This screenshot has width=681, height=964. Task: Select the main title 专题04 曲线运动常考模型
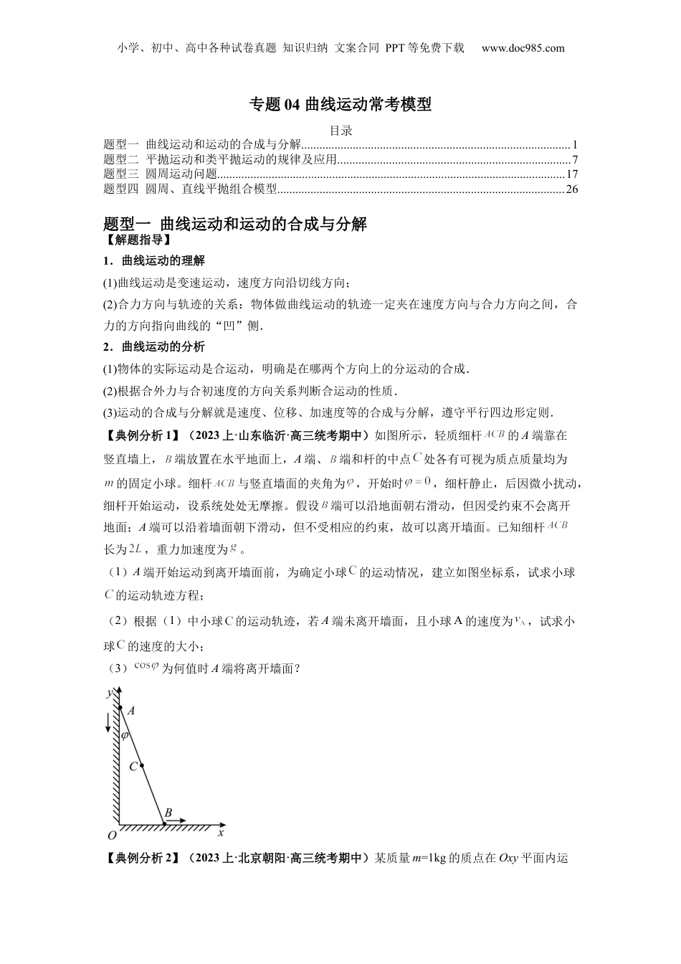(340, 105)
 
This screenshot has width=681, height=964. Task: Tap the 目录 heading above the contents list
(340, 131)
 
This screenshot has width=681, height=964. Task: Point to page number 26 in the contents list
(571, 189)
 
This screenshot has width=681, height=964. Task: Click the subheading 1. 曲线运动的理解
(154, 260)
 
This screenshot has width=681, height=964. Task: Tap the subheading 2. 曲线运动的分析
(154, 346)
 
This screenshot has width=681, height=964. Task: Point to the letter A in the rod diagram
(131, 710)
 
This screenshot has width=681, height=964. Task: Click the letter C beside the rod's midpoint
(133, 767)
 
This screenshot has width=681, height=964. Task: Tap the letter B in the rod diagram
(168, 813)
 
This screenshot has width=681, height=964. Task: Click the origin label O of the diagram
(111, 836)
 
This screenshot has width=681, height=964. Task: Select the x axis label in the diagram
(221, 833)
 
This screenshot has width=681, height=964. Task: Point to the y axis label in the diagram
(109, 693)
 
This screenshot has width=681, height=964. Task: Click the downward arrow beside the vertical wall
(108, 722)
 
